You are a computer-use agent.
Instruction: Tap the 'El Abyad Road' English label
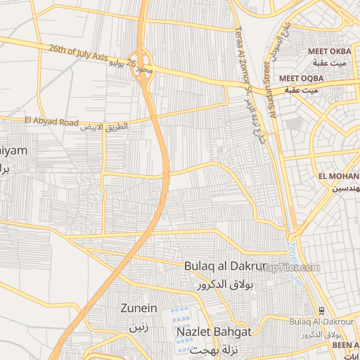51,121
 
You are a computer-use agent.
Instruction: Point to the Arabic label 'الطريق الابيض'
105,128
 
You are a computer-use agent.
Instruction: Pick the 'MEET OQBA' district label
301,78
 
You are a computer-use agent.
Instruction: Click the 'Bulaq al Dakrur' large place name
225,266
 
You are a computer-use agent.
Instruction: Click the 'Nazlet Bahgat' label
214,331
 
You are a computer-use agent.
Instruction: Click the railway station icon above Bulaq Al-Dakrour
321,311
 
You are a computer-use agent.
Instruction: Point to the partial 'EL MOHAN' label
338,176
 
